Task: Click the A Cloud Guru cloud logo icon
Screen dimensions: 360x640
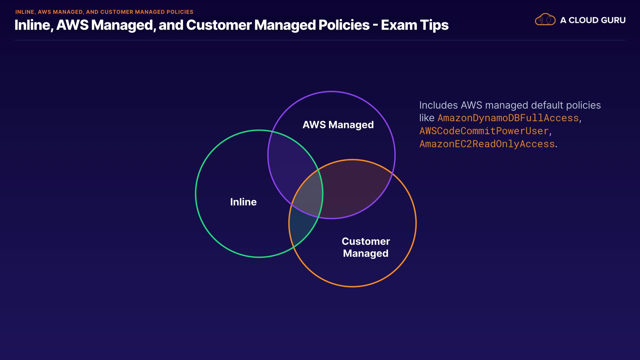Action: click(x=545, y=20)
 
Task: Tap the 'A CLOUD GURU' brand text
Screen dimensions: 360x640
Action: click(x=593, y=20)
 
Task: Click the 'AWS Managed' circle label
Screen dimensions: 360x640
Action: click(x=338, y=125)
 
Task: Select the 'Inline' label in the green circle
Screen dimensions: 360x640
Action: click(x=243, y=202)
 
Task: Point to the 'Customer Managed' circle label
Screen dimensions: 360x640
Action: click(x=366, y=247)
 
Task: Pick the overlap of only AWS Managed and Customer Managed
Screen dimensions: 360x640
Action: click(x=353, y=190)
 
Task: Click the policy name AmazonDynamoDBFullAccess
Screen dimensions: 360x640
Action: click(x=508, y=118)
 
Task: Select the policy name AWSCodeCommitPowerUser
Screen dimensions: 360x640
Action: click(x=484, y=131)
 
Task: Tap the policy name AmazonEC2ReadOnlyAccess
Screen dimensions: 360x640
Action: click(x=487, y=144)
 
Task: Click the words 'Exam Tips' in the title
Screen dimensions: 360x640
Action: click(x=415, y=25)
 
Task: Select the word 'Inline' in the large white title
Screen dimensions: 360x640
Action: click(x=32, y=25)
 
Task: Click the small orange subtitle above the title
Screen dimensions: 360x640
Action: click(x=104, y=12)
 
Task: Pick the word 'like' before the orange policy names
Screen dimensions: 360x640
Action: click(x=427, y=118)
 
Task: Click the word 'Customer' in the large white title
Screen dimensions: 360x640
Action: click(x=219, y=25)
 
